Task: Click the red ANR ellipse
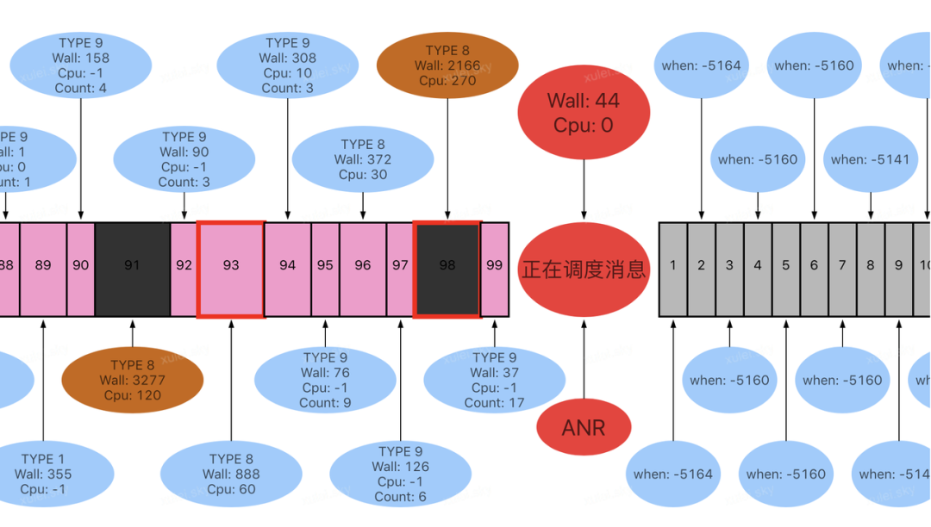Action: pos(584,427)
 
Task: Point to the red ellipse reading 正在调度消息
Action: pos(584,270)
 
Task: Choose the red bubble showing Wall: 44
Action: pos(584,113)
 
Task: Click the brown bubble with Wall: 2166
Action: pos(447,65)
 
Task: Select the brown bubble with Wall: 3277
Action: pos(133,380)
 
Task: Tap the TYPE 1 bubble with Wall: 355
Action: pos(43,474)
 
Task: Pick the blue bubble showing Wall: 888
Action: pos(231,474)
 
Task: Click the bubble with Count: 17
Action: pos(494,380)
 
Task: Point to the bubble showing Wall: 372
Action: pos(363,159)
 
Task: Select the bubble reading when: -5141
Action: pos(870,159)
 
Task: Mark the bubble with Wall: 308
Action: pos(288,65)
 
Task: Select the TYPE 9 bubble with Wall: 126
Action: pos(401,474)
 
